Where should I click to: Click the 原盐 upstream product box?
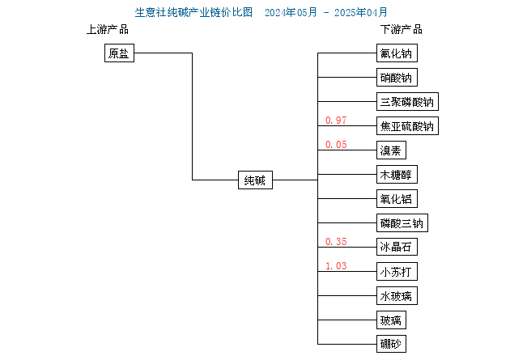[x=119, y=53]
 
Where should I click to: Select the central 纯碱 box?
[x=255, y=180]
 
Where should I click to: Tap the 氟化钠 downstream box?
[x=397, y=53]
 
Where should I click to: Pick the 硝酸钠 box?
[x=397, y=78]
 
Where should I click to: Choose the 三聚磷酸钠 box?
[x=407, y=102]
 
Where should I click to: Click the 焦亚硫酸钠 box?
[x=407, y=125]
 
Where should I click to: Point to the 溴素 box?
[x=391, y=150]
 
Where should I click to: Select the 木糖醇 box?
[x=397, y=175]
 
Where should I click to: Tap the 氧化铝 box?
[x=397, y=198]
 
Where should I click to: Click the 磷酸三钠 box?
[x=402, y=223]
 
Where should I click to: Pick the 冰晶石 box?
[x=397, y=247]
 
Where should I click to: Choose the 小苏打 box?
[x=397, y=271]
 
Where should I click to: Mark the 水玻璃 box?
[x=397, y=295]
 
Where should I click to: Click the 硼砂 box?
[x=391, y=344]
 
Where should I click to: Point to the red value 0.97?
[x=336, y=121]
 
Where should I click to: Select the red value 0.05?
[x=336, y=145]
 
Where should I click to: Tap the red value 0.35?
[x=336, y=242]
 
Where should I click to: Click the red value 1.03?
[x=336, y=266]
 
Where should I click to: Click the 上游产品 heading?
[x=108, y=30]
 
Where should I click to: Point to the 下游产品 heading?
[x=402, y=30]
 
